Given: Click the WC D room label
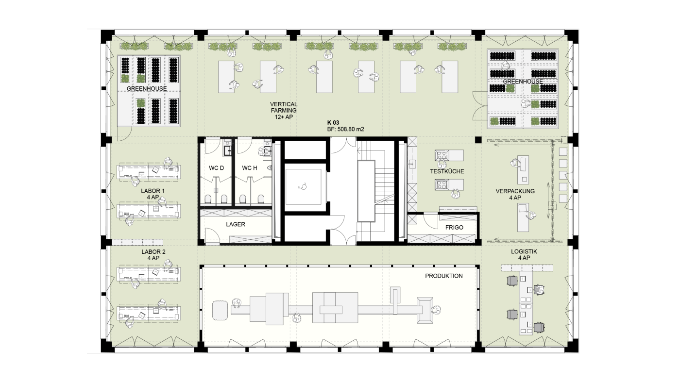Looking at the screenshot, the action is tap(216, 168).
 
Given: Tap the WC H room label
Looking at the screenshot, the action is tap(250, 168).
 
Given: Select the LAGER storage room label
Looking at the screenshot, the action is tap(236, 225).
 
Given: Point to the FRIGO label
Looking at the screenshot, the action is tap(454, 228).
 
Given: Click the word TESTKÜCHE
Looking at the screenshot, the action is tap(447, 171).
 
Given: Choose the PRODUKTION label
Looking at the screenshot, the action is tap(444, 276).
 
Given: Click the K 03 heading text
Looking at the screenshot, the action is tap(333, 123).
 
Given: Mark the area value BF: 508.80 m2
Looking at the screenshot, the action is tap(345, 129).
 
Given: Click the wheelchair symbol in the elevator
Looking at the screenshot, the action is tap(302, 186).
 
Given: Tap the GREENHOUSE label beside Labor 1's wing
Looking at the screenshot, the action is tap(147, 89).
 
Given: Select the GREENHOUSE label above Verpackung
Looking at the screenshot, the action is tap(523, 82).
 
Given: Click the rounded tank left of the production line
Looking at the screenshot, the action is tap(220, 310).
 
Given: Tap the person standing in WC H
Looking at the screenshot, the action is tap(262, 151).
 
